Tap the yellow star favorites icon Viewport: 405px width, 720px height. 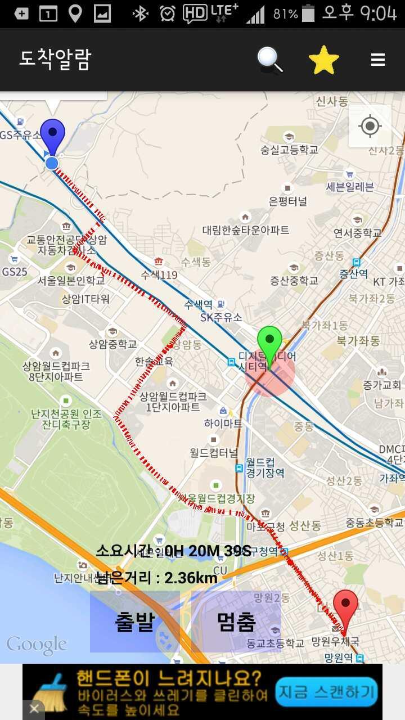click(324, 60)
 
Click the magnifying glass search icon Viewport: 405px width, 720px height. click(270, 60)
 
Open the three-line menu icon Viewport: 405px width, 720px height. click(378, 60)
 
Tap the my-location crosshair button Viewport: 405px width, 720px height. click(370, 126)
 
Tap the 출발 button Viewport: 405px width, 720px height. click(135, 621)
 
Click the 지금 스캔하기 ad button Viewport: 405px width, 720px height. click(326, 691)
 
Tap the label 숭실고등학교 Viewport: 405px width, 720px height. click(289, 150)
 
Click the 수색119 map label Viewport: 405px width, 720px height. click(159, 275)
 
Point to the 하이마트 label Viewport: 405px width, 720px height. click(224, 423)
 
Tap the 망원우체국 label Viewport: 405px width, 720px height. click(335, 641)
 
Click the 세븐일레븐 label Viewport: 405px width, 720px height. click(350, 187)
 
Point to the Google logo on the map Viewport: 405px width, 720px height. click(37, 645)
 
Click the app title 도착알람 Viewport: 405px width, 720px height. click(55, 60)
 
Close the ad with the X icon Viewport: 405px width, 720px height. click(34, 709)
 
